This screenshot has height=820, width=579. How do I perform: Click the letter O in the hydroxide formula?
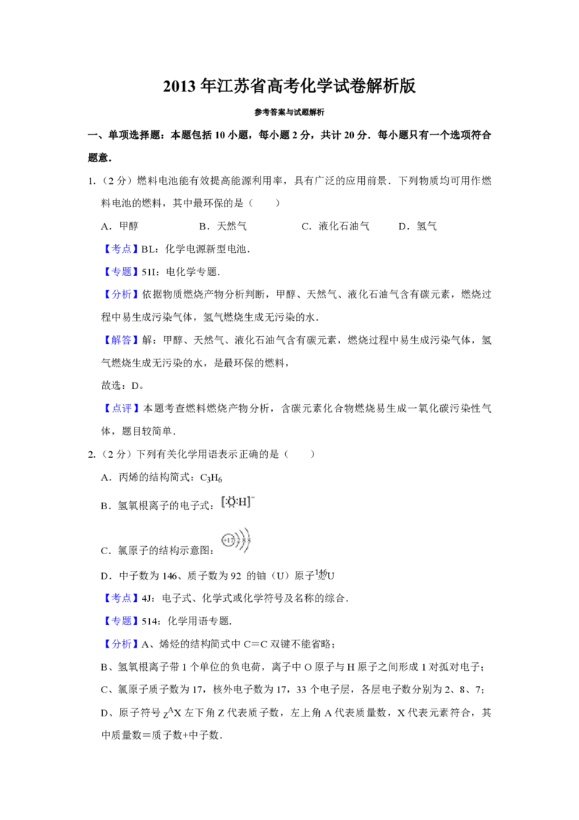pyautogui.click(x=232, y=501)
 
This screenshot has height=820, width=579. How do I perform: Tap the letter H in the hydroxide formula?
pyautogui.click(x=243, y=501)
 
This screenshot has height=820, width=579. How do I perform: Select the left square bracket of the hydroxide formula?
pyautogui.click(x=223, y=501)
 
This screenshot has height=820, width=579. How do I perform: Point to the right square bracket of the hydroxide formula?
pyautogui.click(x=250, y=501)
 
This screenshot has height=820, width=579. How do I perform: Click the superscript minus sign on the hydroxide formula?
pyautogui.click(x=254, y=497)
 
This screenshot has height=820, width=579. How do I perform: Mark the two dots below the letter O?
pyautogui.click(x=232, y=507)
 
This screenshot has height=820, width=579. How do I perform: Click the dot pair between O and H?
pyautogui.click(x=238, y=501)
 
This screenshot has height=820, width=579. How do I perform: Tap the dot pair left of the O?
pyautogui.click(x=227, y=501)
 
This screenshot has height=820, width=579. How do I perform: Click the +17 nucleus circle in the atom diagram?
pyautogui.click(x=227, y=540)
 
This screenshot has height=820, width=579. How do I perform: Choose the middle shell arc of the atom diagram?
pyautogui.click(x=244, y=540)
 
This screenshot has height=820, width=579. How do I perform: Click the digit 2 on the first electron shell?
pyautogui.click(x=239, y=540)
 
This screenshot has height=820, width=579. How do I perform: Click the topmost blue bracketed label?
pyautogui.click(x=121, y=249)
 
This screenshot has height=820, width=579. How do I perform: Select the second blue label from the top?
pyautogui.click(x=121, y=272)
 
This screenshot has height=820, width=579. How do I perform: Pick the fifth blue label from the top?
pyautogui.click(x=121, y=409)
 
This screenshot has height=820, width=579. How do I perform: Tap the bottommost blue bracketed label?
pyautogui.click(x=121, y=643)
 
